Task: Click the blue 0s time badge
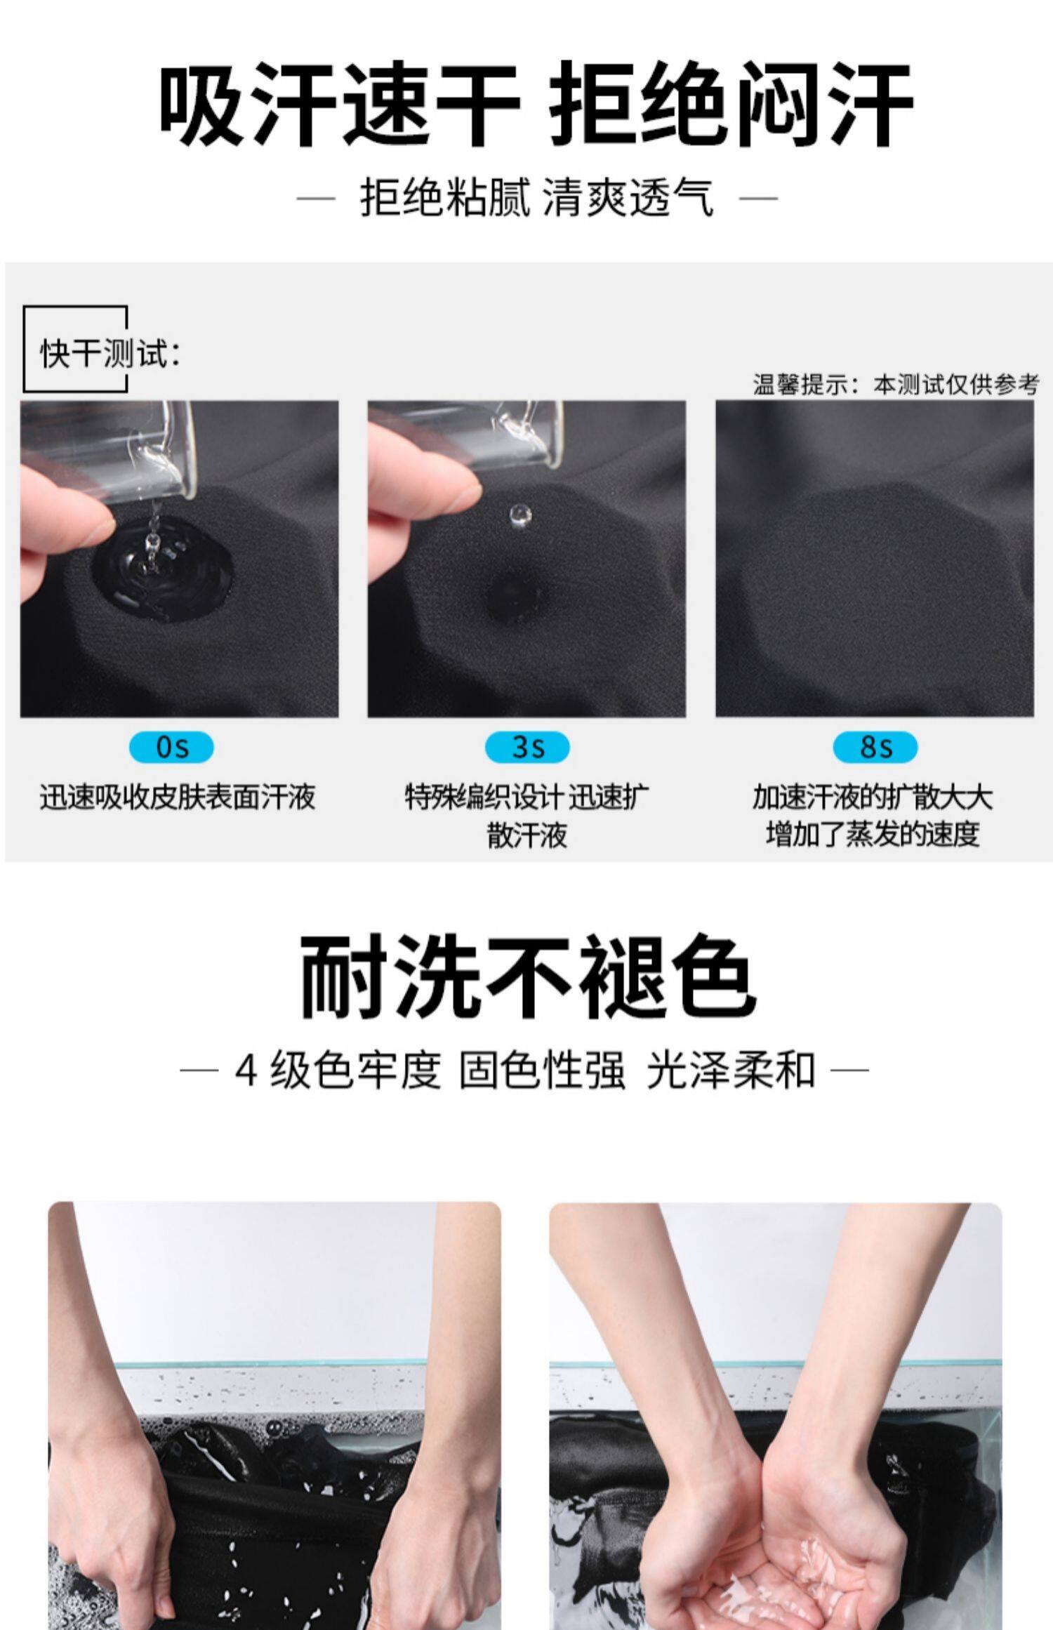tap(171, 747)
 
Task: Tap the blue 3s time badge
tap(527, 747)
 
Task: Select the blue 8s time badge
tap(875, 747)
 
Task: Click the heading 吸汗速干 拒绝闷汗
tap(536, 104)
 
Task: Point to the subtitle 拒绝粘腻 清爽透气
tap(537, 197)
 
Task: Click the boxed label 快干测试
tap(110, 352)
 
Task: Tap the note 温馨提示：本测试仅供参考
tap(895, 384)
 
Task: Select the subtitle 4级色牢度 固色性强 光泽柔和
tap(525, 1071)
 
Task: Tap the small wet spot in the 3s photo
tap(516, 594)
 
